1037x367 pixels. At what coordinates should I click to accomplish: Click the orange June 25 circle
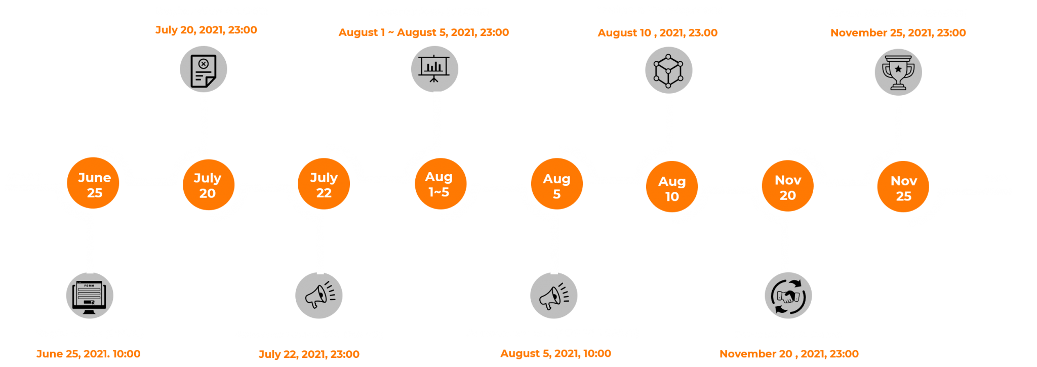coord(94,184)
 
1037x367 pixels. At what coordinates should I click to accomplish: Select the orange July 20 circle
coord(208,185)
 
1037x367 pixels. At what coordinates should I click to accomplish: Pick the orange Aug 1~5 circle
coord(439,184)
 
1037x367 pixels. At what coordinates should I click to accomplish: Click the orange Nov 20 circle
coord(787,187)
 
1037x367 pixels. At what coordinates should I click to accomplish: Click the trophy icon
coord(898,72)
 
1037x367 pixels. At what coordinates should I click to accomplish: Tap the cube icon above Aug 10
coord(668,70)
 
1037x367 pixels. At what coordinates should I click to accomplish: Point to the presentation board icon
coord(434,69)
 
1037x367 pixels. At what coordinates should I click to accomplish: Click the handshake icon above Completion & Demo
coord(788,296)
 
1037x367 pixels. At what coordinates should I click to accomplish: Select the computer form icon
coord(90,296)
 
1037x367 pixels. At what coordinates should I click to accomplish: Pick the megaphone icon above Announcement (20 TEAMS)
coord(319,296)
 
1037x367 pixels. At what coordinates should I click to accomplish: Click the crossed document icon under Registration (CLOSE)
coord(204,69)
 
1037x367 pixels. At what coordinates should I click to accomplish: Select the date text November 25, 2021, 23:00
coord(898,33)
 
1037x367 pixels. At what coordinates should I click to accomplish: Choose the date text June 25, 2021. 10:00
coord(88,354)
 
